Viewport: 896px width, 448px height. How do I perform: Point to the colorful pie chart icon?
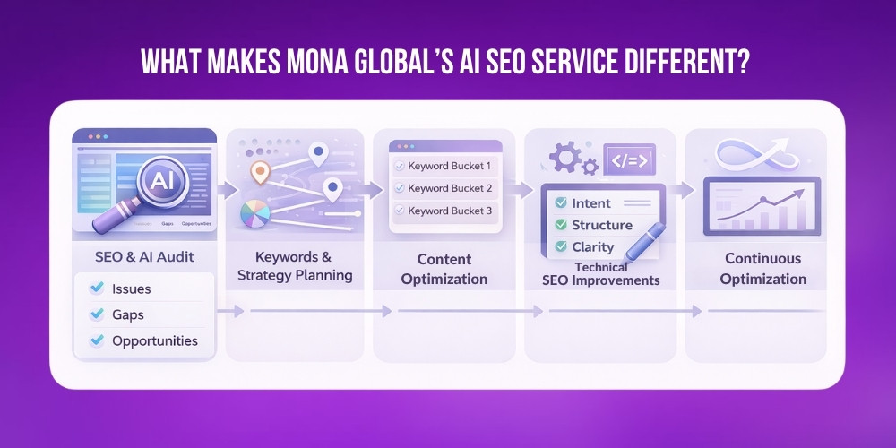256,215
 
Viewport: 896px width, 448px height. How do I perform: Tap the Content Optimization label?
444,269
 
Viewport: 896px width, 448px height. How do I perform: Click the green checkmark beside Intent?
561,203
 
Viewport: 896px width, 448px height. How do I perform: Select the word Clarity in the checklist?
593,246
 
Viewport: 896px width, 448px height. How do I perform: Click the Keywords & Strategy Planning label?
295,266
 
